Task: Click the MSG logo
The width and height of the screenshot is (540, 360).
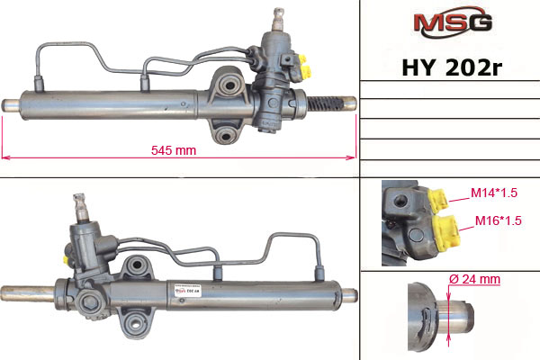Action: point(452,22)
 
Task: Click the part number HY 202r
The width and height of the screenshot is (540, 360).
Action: point(452,67)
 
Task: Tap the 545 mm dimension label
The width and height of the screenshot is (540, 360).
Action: point(174,150)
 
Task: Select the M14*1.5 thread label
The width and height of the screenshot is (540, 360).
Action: point(494,193)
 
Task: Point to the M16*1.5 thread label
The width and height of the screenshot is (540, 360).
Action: point(498,220)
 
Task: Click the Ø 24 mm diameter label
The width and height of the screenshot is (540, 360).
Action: point(474,279)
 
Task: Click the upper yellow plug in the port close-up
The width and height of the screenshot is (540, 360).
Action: point(438,200)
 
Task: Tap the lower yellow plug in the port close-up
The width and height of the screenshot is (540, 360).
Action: point(446,231)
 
